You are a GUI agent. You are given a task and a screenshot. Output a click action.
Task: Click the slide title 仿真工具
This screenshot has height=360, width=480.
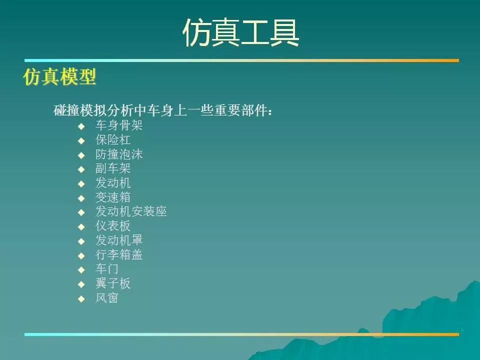coord(240,33)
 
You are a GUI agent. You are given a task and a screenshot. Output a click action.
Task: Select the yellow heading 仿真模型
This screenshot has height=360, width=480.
coord(59,76)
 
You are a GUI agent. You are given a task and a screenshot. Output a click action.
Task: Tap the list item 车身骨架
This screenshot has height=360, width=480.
coord(119,125)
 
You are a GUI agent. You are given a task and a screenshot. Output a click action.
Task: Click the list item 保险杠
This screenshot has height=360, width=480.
coord(113,140)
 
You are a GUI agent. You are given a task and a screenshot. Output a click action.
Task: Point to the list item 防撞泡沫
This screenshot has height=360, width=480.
coord(119,154)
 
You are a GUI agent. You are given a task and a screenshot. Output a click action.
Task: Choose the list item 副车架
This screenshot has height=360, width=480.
coord(113,168)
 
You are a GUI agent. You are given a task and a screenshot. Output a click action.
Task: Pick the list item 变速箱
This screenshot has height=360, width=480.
coord(113,197)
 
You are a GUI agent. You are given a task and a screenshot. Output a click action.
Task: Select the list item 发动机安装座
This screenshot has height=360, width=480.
coord(131,211)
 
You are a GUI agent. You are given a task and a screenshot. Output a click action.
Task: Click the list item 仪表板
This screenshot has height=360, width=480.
coord(113,226)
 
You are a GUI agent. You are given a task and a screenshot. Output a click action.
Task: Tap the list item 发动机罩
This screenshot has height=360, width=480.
coord(119,240)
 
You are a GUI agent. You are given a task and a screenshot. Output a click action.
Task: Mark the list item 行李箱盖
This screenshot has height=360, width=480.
coord(119,254)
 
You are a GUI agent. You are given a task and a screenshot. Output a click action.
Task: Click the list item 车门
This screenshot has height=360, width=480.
coord(107,269)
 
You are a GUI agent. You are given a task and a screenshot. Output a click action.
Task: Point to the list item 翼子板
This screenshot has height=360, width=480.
coord(113,283)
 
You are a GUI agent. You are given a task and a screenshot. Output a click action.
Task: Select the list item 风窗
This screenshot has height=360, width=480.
coord(107,298)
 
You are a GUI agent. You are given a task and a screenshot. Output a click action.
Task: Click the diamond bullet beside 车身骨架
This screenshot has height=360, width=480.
coord(81,126)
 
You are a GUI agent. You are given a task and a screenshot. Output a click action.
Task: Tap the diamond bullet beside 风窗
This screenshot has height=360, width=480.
coord(81,299)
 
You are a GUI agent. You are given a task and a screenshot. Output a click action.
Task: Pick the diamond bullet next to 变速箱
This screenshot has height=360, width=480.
coord(81,198)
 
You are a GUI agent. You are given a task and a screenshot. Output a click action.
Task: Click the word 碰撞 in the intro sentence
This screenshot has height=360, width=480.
coord(66,110)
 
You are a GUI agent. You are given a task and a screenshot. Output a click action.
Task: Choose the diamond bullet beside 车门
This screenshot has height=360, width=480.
coord(81,270)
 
